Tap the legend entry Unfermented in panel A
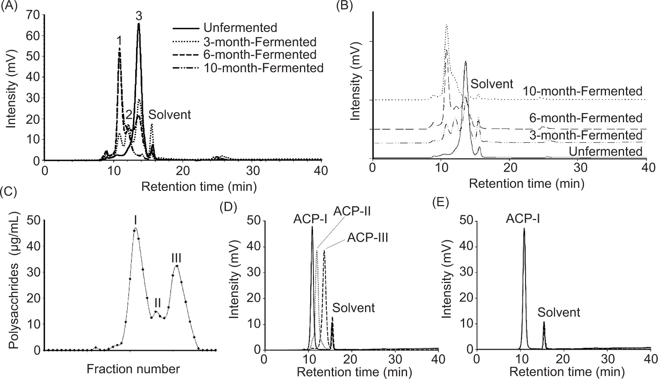pos(240,28)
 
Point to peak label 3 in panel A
pos(139,16)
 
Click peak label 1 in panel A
pos(119,40)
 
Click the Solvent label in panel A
pos(170,115)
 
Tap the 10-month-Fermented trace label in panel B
pos(582,91)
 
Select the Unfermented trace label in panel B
pos(606,152)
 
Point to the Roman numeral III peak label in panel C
pos(177,258)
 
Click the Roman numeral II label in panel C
pos(157,302)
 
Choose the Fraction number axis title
pos(133,369)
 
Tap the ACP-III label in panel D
pos(367,238)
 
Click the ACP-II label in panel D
pos(352,211)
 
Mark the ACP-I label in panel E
pos(523,219)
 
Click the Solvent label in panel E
pos(559,312)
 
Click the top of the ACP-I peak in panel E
pos(524,229)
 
